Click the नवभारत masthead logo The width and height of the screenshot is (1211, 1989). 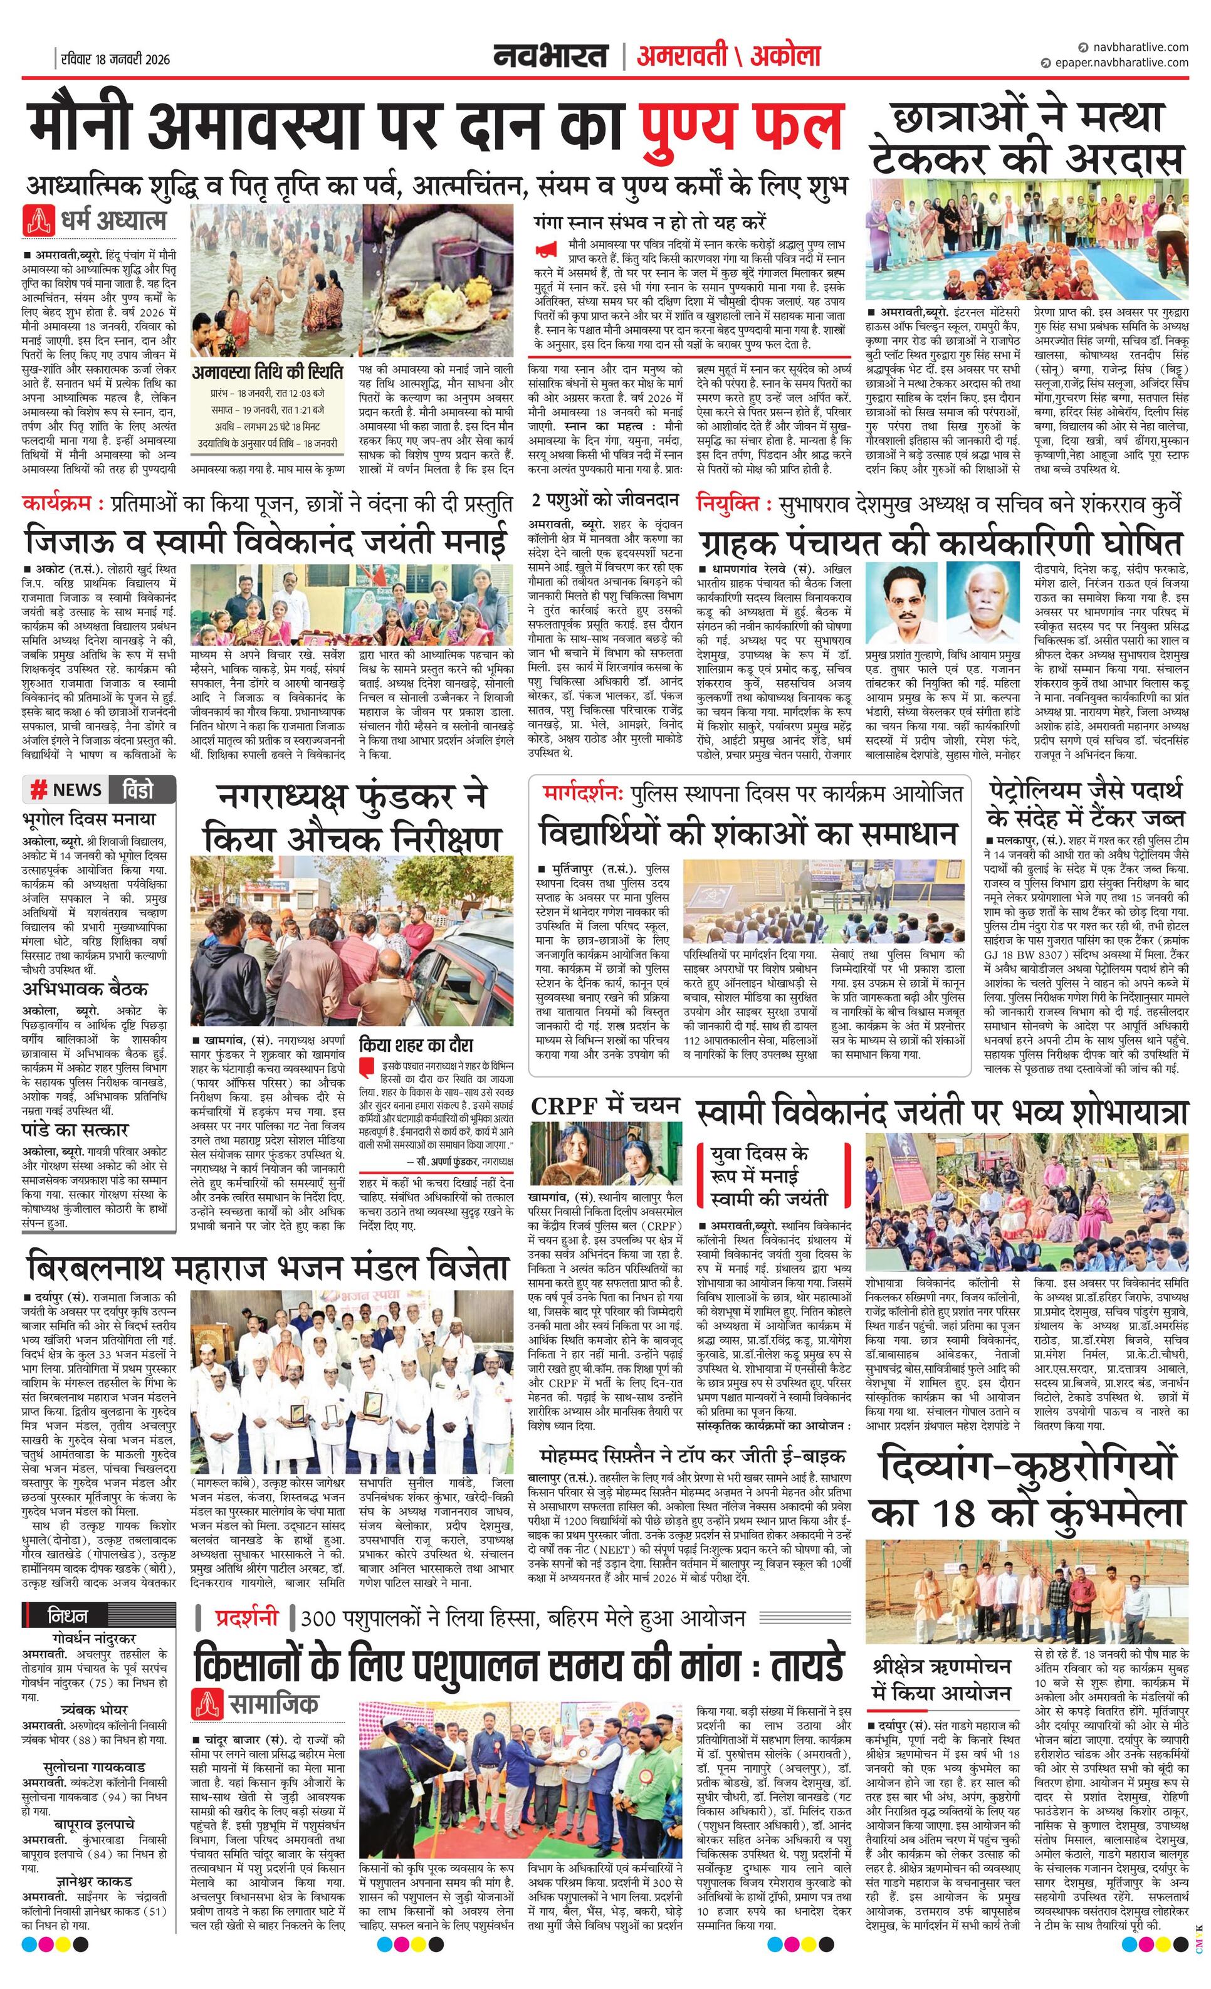tap(552, 56)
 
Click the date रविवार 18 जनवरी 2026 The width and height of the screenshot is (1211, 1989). tap(115, 60)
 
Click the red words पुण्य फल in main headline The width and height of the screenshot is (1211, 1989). tap(741, 126)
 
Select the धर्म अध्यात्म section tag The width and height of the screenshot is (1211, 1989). tap(97, 221)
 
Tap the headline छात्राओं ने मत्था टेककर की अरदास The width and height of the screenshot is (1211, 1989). tap(1027, 139)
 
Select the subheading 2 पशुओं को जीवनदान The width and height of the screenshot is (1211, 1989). tap(605, 500)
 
